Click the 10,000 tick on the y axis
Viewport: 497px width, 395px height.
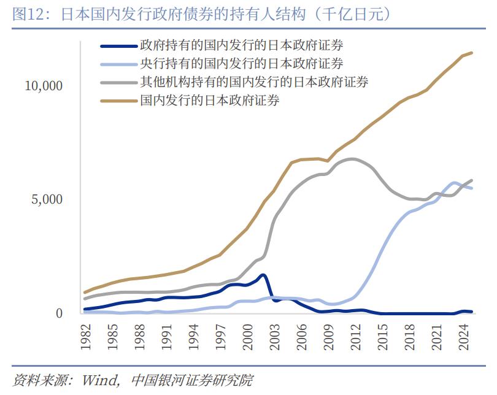pyautogui.click(x=44, y=86)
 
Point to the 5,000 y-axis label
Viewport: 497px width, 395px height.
pyautogui.click(x=47, y=200)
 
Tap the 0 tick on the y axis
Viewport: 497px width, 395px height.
pyautogui.click(x=60, y=313)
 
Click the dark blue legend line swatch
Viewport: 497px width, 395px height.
pyautogui.click(x=118, y=45)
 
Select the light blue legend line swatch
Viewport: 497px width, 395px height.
pyautogui.click(x=118, y=63)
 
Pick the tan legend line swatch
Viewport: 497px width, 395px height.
pyautogui.click(x=118, y=99)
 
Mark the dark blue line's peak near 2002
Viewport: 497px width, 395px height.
pyautogui.click(x=263, y=275)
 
